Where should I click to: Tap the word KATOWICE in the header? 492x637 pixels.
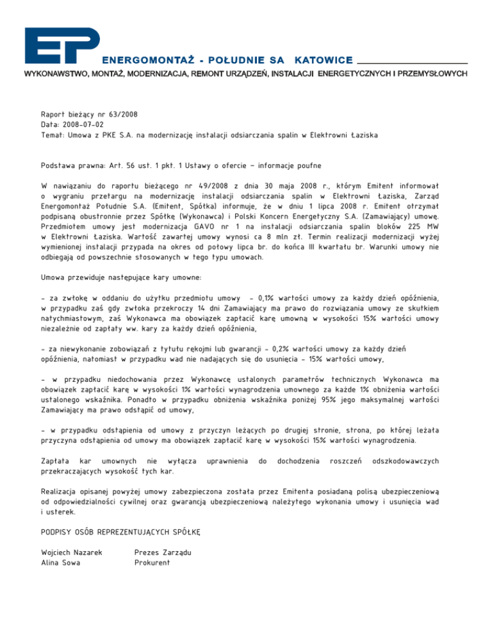click(x=324, y=60)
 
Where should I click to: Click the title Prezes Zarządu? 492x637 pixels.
click(x=164, y=552)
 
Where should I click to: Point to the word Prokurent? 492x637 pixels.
click(x=152, y=563)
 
